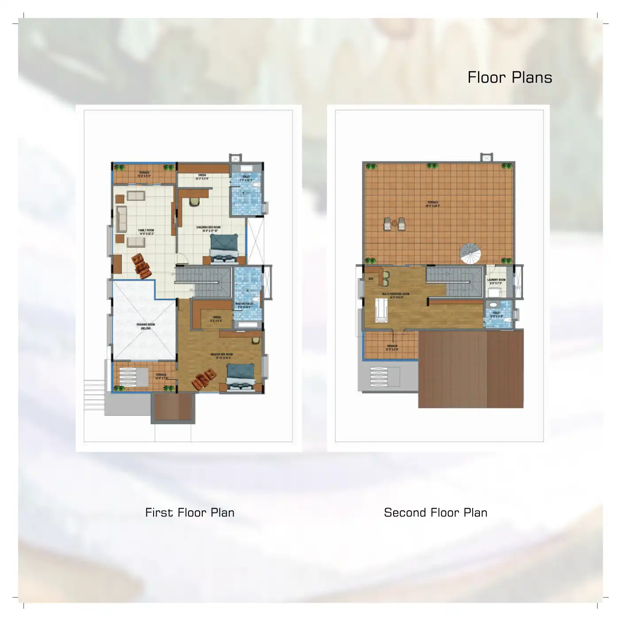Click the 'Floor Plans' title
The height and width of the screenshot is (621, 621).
(x=509, y=77)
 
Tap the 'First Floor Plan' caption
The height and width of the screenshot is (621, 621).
(x=189, y=513)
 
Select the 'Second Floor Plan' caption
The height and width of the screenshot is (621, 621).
(x=436, y=513)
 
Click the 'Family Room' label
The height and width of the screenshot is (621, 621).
(x=146, y=231)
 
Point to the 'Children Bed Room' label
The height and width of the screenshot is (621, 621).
(x=208, y=228)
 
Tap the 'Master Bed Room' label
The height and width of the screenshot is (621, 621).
(x=222, y=355)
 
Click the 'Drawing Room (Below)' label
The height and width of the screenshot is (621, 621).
(x=145, y=326)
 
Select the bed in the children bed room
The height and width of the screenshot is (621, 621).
(x=224, y=248)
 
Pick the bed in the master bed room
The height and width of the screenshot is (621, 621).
(x=241, y=377)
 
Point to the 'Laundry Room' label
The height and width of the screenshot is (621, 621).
(x=496, y=281)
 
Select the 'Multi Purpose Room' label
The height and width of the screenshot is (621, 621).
(x=395, y=295)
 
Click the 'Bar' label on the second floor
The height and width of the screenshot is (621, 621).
(x=371, y=279)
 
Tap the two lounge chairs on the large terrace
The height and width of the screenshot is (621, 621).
(x=394, y=224)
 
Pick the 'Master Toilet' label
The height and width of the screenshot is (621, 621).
(x=244, y=305)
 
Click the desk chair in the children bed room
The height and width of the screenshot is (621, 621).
(x=194, y=201)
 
